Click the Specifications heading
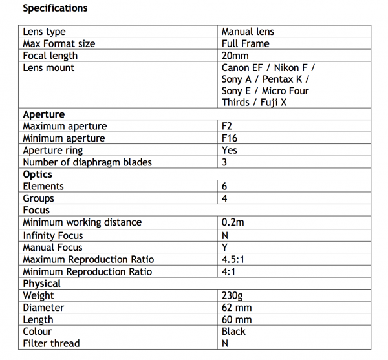(x=55, y=8)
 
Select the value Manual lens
(x=248, y=31)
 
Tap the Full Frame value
(x=245, y=43)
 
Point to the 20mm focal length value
(x=235, y=56)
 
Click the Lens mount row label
(x=48, y=68)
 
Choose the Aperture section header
(x=43, y=114)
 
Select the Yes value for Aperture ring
(x=230, y=150)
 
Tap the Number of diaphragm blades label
(x=87, y=162)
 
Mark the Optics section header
(x=38, y=175)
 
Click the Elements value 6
(x=225, y=186)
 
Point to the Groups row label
(x=38, y=198)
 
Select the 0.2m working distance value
(x=233, y=222)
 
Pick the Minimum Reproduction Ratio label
(x=88, y=271)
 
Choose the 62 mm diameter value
(x=237, y=308)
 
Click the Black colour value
(x=233, y=332)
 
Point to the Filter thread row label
(x=51, y=344)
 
